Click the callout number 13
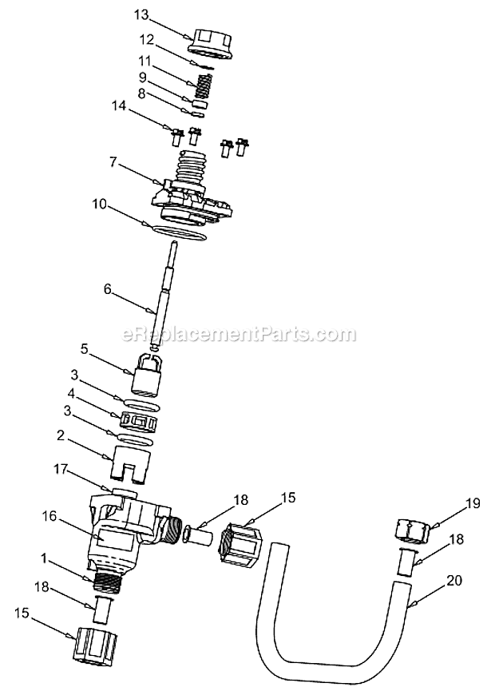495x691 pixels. tap(141, 15)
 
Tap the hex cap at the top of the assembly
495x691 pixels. tap(210, 42)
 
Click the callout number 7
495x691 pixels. tap(113, 163)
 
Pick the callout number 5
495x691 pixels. tap(84, 349)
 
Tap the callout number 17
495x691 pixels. tap(61, 471)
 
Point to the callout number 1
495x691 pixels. tap(44, 559)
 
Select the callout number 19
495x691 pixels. tap(473, 504)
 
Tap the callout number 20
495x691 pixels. tap(454, 581)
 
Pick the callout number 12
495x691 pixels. tap(146, 40)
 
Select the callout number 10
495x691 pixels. tap(100, 205)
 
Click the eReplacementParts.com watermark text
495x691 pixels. tap(238, 335)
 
